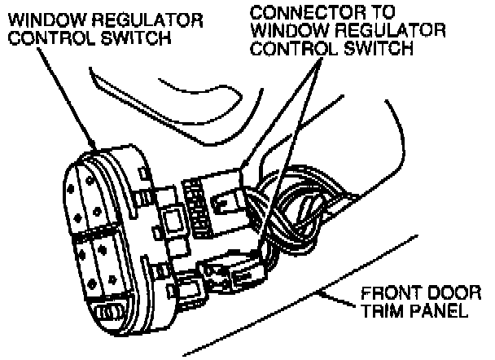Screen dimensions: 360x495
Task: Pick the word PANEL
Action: [x=441, y=312]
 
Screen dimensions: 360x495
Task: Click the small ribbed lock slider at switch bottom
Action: [x=111, y=313]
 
